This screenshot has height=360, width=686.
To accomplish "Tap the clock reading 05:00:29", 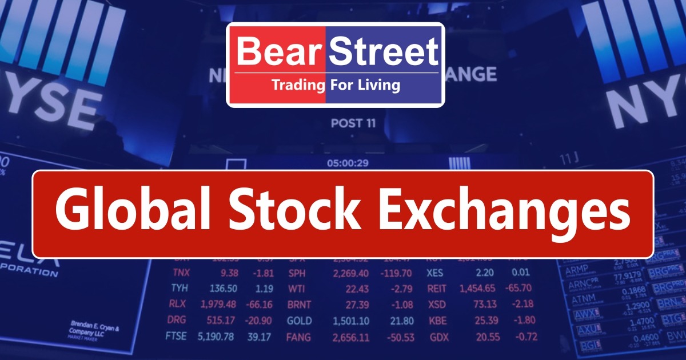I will point(348,163).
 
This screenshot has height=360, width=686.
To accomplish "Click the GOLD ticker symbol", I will point(299,321).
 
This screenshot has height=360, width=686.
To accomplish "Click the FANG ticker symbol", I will point(300,337).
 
